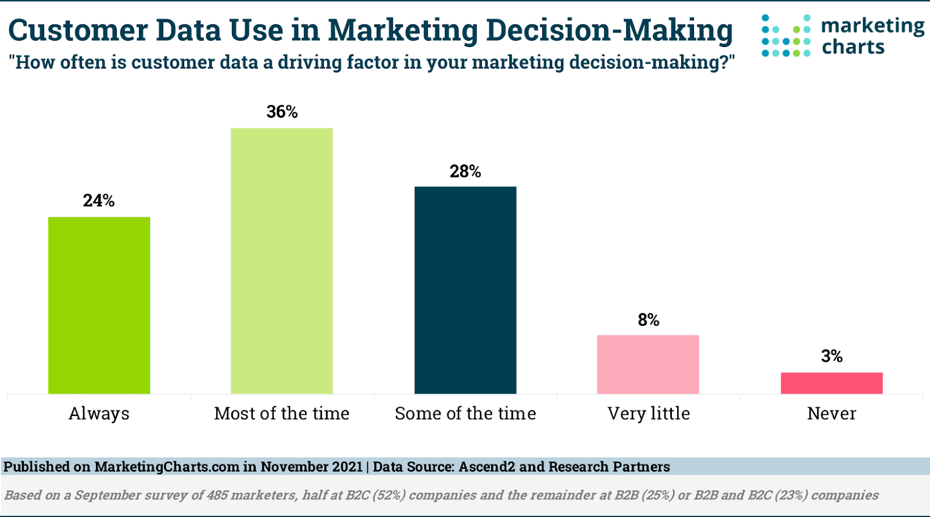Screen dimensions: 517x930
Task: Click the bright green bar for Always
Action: [x=99, y=305]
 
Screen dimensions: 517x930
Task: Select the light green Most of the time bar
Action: [x=282, y=261]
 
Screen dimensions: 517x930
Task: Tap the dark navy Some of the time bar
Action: [x=465, y=290]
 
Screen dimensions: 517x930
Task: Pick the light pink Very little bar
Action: [x=648, y=364]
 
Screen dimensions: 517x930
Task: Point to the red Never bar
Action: [x=831, y=383]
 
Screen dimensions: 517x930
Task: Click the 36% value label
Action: [x=282, y=112]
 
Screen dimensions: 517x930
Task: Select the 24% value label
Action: [x=99, y=200]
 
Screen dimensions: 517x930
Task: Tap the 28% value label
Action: [x=465, y=171]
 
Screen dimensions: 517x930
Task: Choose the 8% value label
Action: [x=648, y=320]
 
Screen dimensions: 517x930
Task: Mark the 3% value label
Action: [x=831, y=356]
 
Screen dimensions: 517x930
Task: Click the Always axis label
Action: [x=99, y=414]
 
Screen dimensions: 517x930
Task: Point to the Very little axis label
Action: [x=649, y=414]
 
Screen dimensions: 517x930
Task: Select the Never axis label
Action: [x=831, y=414]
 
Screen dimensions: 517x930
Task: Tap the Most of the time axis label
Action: [x=282, y=414]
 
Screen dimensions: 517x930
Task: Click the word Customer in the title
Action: [x=78, y=30]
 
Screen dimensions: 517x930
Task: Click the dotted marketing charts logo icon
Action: [x=786, y=36]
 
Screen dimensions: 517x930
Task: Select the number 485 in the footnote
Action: [x=217, y=496]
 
